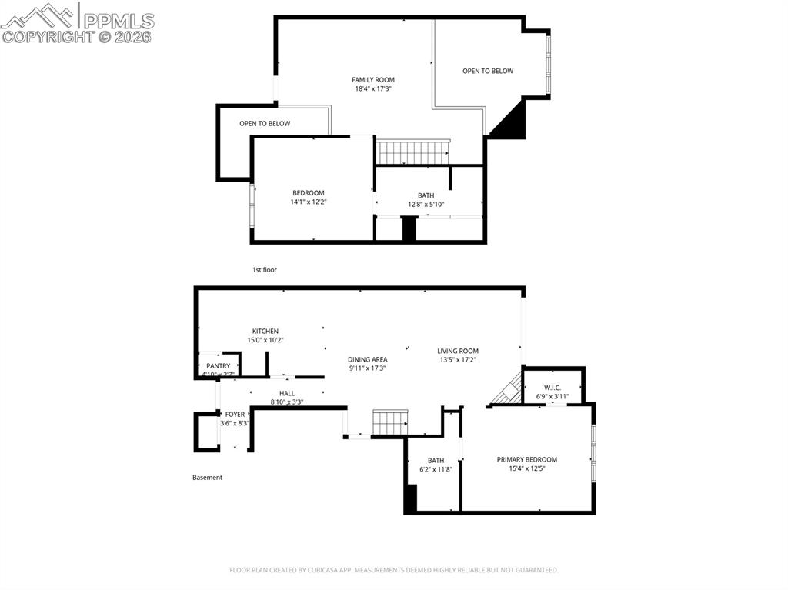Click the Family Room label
pyautogui.click(x=373, y=80)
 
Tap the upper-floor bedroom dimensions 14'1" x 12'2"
pyautogui.click(x=308, y=202)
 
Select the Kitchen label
pyautogui.click(x=265, y=332)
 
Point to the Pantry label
pyautogui.click(x=218, y=366)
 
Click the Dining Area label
pyautogui.click(x=367, y=359)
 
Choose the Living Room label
pyautogui.click(x=458, y=352)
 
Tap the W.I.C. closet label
pyautogui.click(x=553, y=388)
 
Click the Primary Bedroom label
pyautogui.click(x=527, y=460)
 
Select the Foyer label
pyautogui.click(x=235, y=415)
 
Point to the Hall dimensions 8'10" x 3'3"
pyautogui.click(x=287, y=402)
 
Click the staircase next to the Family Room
pyautogui.click(x=412, y=152)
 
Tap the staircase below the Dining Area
pyautogui.click(x=389, y=422)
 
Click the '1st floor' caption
pyautogui.click(x=264, y=270)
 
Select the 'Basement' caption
pyautogui.click(x=207, y=478)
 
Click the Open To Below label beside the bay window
pyautogui.click(x=488, y=72)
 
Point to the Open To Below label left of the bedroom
pyautogui.click(x=265, y=124)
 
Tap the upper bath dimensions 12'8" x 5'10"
pyautogui.click(x=426, y=205)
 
